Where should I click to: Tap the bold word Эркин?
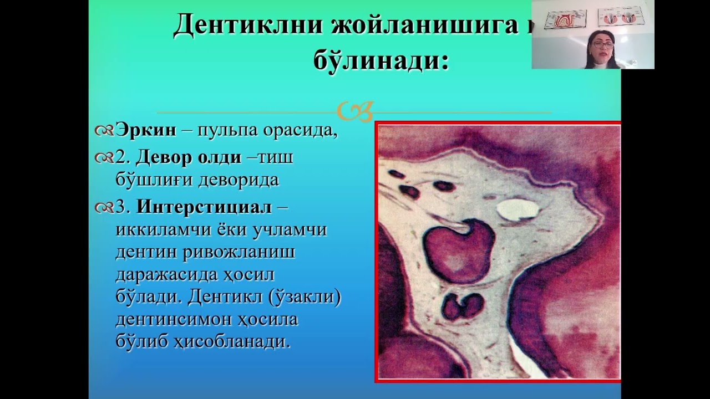pyautogui.click(x=146, y=130)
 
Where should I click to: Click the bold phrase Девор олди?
pyautogui.click(x=189, y=157)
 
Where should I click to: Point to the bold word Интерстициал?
pyautogui.click(x=204, y=207)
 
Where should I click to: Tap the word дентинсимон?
pyautogui.click(x=177, y=319)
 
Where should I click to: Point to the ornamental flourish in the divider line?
pyautogui.click(x=356, y=111)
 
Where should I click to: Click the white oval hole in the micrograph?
pyautogui.click(x=517, y=209)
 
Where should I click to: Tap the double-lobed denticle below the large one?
pyautogui.click(x=463, y=306)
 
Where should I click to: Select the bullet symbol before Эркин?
pyautogui.click(x=104, y=131)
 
